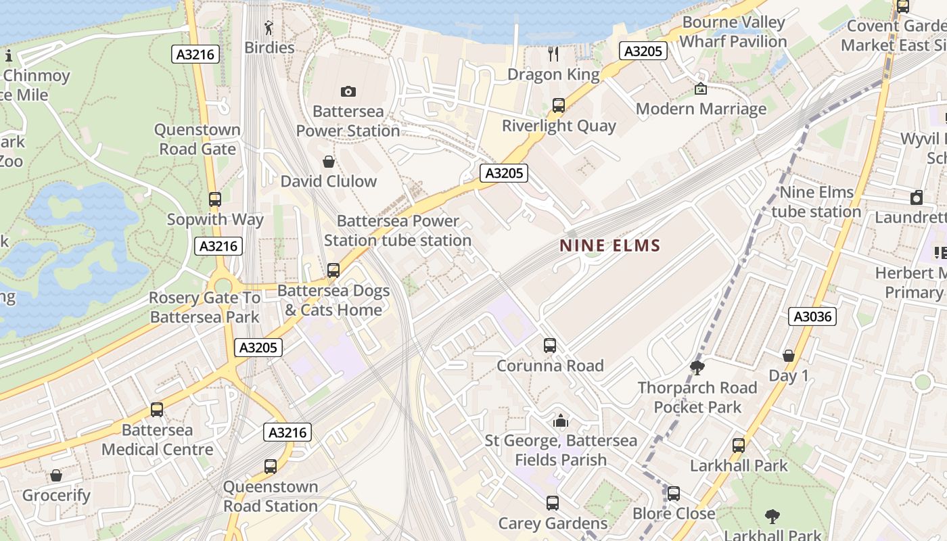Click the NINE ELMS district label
point(609,245)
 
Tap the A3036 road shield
point(812,316)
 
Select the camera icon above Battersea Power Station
point(348,91)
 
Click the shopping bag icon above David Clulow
point(328,162)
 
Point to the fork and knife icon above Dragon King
point(553,54)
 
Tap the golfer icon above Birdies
point(269,28)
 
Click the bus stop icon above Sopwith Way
point(214,199)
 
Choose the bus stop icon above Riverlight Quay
point(558,105)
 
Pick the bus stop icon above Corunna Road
point(550,346)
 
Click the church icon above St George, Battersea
point(560,421)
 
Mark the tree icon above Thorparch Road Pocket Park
point(697,368)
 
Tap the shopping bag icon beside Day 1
point(788,356)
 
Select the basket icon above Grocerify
point(56,475)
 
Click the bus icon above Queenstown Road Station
point(271,466)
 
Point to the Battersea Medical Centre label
point(158,440)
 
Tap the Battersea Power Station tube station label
point(398,231)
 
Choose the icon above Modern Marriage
point(701,89)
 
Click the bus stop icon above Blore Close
point(673,494)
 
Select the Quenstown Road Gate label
point(197,139)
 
